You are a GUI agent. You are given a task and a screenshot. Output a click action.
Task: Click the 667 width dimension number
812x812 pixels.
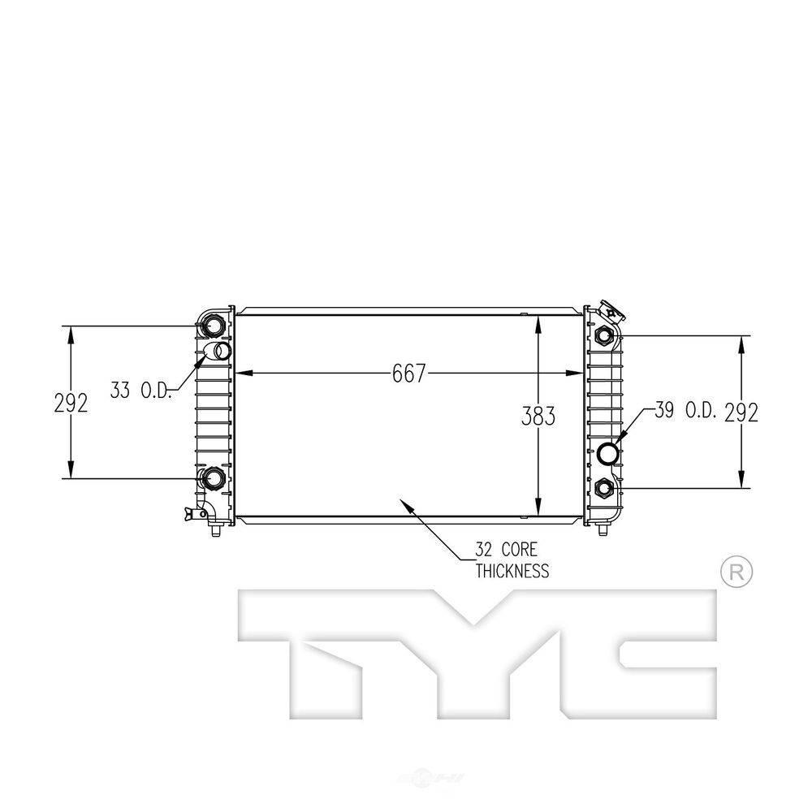point(408,374)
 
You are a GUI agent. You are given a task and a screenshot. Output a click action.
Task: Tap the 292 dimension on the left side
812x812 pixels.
point(71,403)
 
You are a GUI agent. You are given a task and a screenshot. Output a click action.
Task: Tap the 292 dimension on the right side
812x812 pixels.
point(741,412)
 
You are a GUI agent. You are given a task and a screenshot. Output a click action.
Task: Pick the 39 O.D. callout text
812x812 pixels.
point(685,412)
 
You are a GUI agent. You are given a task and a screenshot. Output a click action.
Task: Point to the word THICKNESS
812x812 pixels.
point(512,571)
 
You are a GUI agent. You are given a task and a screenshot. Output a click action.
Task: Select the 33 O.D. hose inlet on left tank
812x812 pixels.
point(219,352)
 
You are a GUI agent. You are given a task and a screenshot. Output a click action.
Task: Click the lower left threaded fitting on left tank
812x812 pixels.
point(214,478)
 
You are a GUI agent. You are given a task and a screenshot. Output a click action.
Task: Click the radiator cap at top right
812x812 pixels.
point(607,311)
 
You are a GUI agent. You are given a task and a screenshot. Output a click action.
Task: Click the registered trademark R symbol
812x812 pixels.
point(736,572)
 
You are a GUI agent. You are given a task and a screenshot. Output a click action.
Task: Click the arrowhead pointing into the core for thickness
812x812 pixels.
point(401,503)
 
